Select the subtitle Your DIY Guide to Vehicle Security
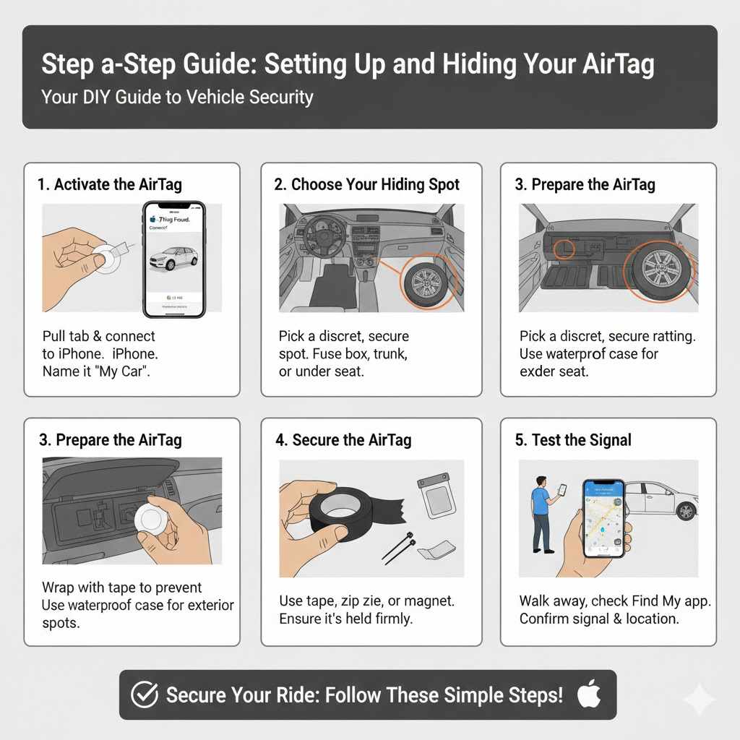[177, 97]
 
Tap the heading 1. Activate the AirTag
[109, 184]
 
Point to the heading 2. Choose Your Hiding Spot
[366, 184]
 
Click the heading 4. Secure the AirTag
[343, 440]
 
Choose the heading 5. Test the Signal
[573, 440]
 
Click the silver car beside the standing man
[661, 499]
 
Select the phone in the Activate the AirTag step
[174, 259]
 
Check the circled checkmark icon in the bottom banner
[144, 695]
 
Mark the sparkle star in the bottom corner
[699, 700]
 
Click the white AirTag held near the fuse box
[152, 518]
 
